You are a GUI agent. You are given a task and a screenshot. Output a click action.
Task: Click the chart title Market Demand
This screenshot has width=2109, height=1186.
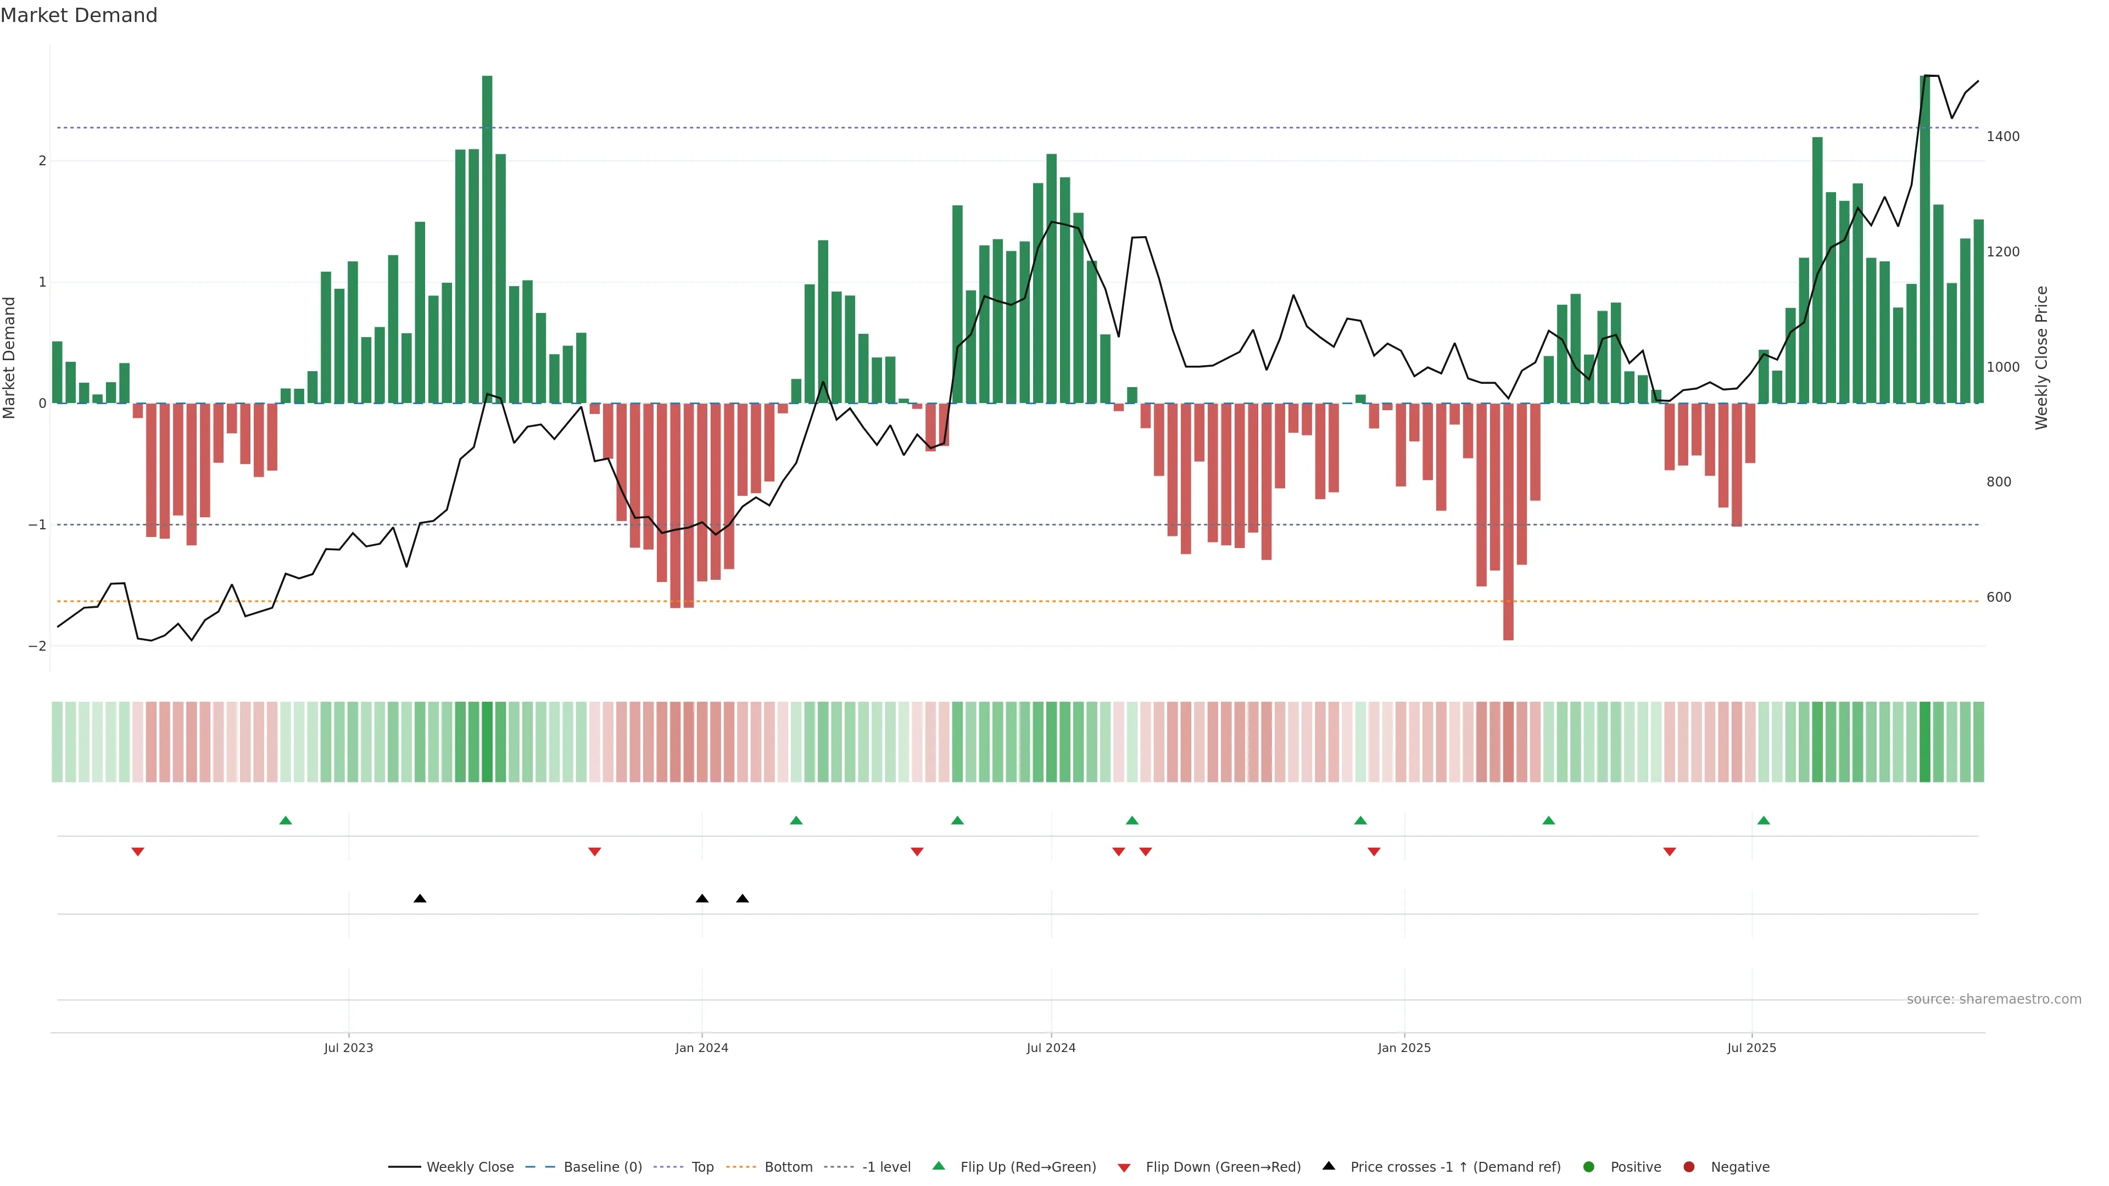coord(79,15)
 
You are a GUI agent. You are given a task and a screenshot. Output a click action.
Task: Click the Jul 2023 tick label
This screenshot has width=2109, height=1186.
coord(348,1048)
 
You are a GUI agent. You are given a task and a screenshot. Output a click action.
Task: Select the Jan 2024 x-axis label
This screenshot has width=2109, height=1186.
coord(702,1048)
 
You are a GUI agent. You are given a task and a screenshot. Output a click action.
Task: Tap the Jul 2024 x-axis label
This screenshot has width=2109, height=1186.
coord(1051,1048)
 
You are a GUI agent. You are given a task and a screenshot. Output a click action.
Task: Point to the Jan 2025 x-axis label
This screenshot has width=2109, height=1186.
coord(1404,1048)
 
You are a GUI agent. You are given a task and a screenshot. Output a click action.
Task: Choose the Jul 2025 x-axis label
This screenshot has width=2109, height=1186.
coord(1751,1048)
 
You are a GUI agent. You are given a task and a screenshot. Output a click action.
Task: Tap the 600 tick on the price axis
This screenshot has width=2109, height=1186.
coord(1999,597)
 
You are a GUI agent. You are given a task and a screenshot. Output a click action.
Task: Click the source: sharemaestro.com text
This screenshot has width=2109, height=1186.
coord(1994,999)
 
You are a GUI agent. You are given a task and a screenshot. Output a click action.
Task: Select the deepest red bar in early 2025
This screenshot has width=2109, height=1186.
coord(1508,524)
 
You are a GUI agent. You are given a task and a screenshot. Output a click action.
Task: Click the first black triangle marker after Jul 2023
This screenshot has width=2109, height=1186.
coord(420,899)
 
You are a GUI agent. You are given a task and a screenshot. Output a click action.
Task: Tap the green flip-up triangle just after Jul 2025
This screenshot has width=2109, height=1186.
coord(1764,820)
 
